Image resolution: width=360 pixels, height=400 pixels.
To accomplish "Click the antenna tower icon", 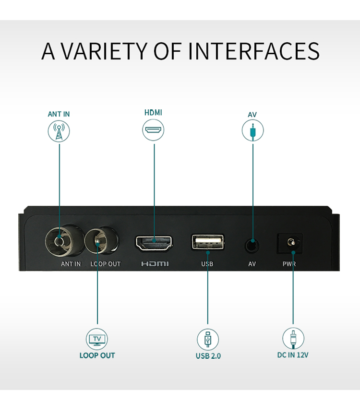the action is [59, 131].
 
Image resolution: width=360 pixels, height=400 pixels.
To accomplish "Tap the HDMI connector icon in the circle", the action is [153, 130].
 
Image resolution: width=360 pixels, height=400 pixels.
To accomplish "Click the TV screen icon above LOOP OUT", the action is [97, 339].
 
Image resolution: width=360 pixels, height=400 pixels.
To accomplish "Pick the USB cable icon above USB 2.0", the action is [208, 340].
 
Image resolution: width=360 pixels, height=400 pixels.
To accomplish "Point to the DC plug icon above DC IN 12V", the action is [293, 339].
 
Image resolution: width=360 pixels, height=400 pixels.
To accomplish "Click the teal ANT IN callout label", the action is [59, 114].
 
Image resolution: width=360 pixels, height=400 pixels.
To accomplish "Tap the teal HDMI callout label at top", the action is [153, 113].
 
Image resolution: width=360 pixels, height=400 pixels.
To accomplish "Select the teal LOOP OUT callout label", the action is [97, 355].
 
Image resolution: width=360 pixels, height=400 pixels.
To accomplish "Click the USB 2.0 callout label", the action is [208, 356].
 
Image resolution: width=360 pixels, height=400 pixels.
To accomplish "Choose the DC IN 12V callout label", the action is [293, 355].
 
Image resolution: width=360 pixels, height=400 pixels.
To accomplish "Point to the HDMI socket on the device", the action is [154, 243].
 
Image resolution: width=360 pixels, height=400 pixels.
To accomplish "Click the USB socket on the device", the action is [208, 242].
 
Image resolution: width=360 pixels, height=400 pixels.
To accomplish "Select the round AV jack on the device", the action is [252, 246].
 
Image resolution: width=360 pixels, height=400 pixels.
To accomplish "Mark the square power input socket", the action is [290, 243].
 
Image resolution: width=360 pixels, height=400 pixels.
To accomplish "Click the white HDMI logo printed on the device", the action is [155, 264].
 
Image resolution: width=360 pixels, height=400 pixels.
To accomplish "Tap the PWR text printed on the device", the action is [289, 264].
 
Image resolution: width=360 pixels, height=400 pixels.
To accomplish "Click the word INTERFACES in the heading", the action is [254, 51].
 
